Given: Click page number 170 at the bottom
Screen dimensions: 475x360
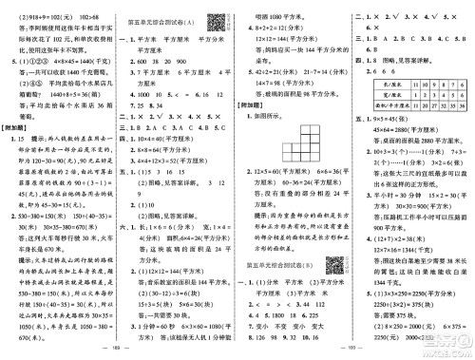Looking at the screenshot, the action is tap(355, 352).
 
